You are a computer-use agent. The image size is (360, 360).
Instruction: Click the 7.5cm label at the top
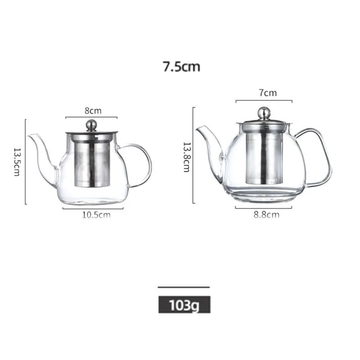[x=181, y=67]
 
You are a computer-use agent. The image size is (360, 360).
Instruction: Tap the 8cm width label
[x=93, y=111]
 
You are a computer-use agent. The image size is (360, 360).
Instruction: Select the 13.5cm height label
[x=17, y=162]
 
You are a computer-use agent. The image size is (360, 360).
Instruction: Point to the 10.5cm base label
[x=96, y=215]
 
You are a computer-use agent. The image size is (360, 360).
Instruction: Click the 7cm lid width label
[x=268, y=93]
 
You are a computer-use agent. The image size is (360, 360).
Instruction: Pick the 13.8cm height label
[x=186, y=157]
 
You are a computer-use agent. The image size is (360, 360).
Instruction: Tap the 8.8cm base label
[x=266, y=215]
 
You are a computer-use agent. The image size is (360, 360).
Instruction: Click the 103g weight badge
[x=184, y=305]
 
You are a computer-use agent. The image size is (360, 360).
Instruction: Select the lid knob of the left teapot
[x=91, y=126]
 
